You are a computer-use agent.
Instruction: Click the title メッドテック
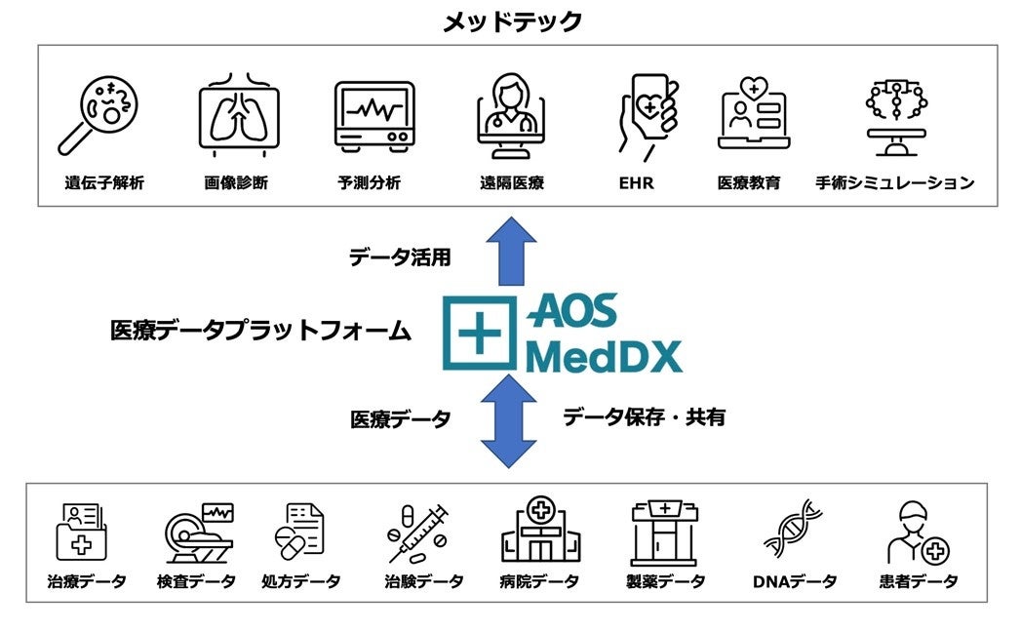(512, 21)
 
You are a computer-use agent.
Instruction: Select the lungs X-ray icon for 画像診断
(237, 114)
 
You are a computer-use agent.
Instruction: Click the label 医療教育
(749, 182)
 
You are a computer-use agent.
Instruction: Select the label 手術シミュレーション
(895, 182)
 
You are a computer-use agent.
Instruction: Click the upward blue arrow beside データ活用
(509, 252)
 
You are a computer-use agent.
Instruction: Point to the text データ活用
(400, 257)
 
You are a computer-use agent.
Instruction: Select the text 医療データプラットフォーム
(260, 332)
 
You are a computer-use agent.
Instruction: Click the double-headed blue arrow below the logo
(509, 420)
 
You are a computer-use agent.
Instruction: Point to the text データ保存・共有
(644, 417)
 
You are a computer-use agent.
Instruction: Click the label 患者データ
(918, 582)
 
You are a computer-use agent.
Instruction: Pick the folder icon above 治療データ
(82, 532)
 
